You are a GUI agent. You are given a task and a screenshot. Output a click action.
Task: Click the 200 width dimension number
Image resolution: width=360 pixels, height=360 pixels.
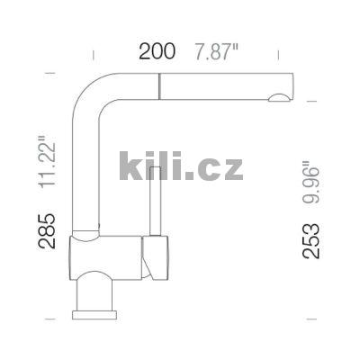tap(157, 51)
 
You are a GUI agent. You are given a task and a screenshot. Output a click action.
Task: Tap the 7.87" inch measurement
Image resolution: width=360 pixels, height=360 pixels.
tap(218, 51)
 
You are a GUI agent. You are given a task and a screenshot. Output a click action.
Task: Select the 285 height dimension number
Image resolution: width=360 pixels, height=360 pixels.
tap(53, 230)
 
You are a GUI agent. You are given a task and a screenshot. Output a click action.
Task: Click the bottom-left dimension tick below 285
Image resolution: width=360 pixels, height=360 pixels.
tap(50, 317)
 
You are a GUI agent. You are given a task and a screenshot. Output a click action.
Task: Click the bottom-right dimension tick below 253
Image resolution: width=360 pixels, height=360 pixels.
tap(310, 317)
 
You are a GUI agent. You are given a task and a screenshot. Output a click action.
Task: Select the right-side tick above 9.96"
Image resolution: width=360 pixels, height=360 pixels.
tap(310, 101)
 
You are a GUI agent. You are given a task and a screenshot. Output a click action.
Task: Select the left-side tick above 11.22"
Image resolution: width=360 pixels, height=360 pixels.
tap(50, 73)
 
